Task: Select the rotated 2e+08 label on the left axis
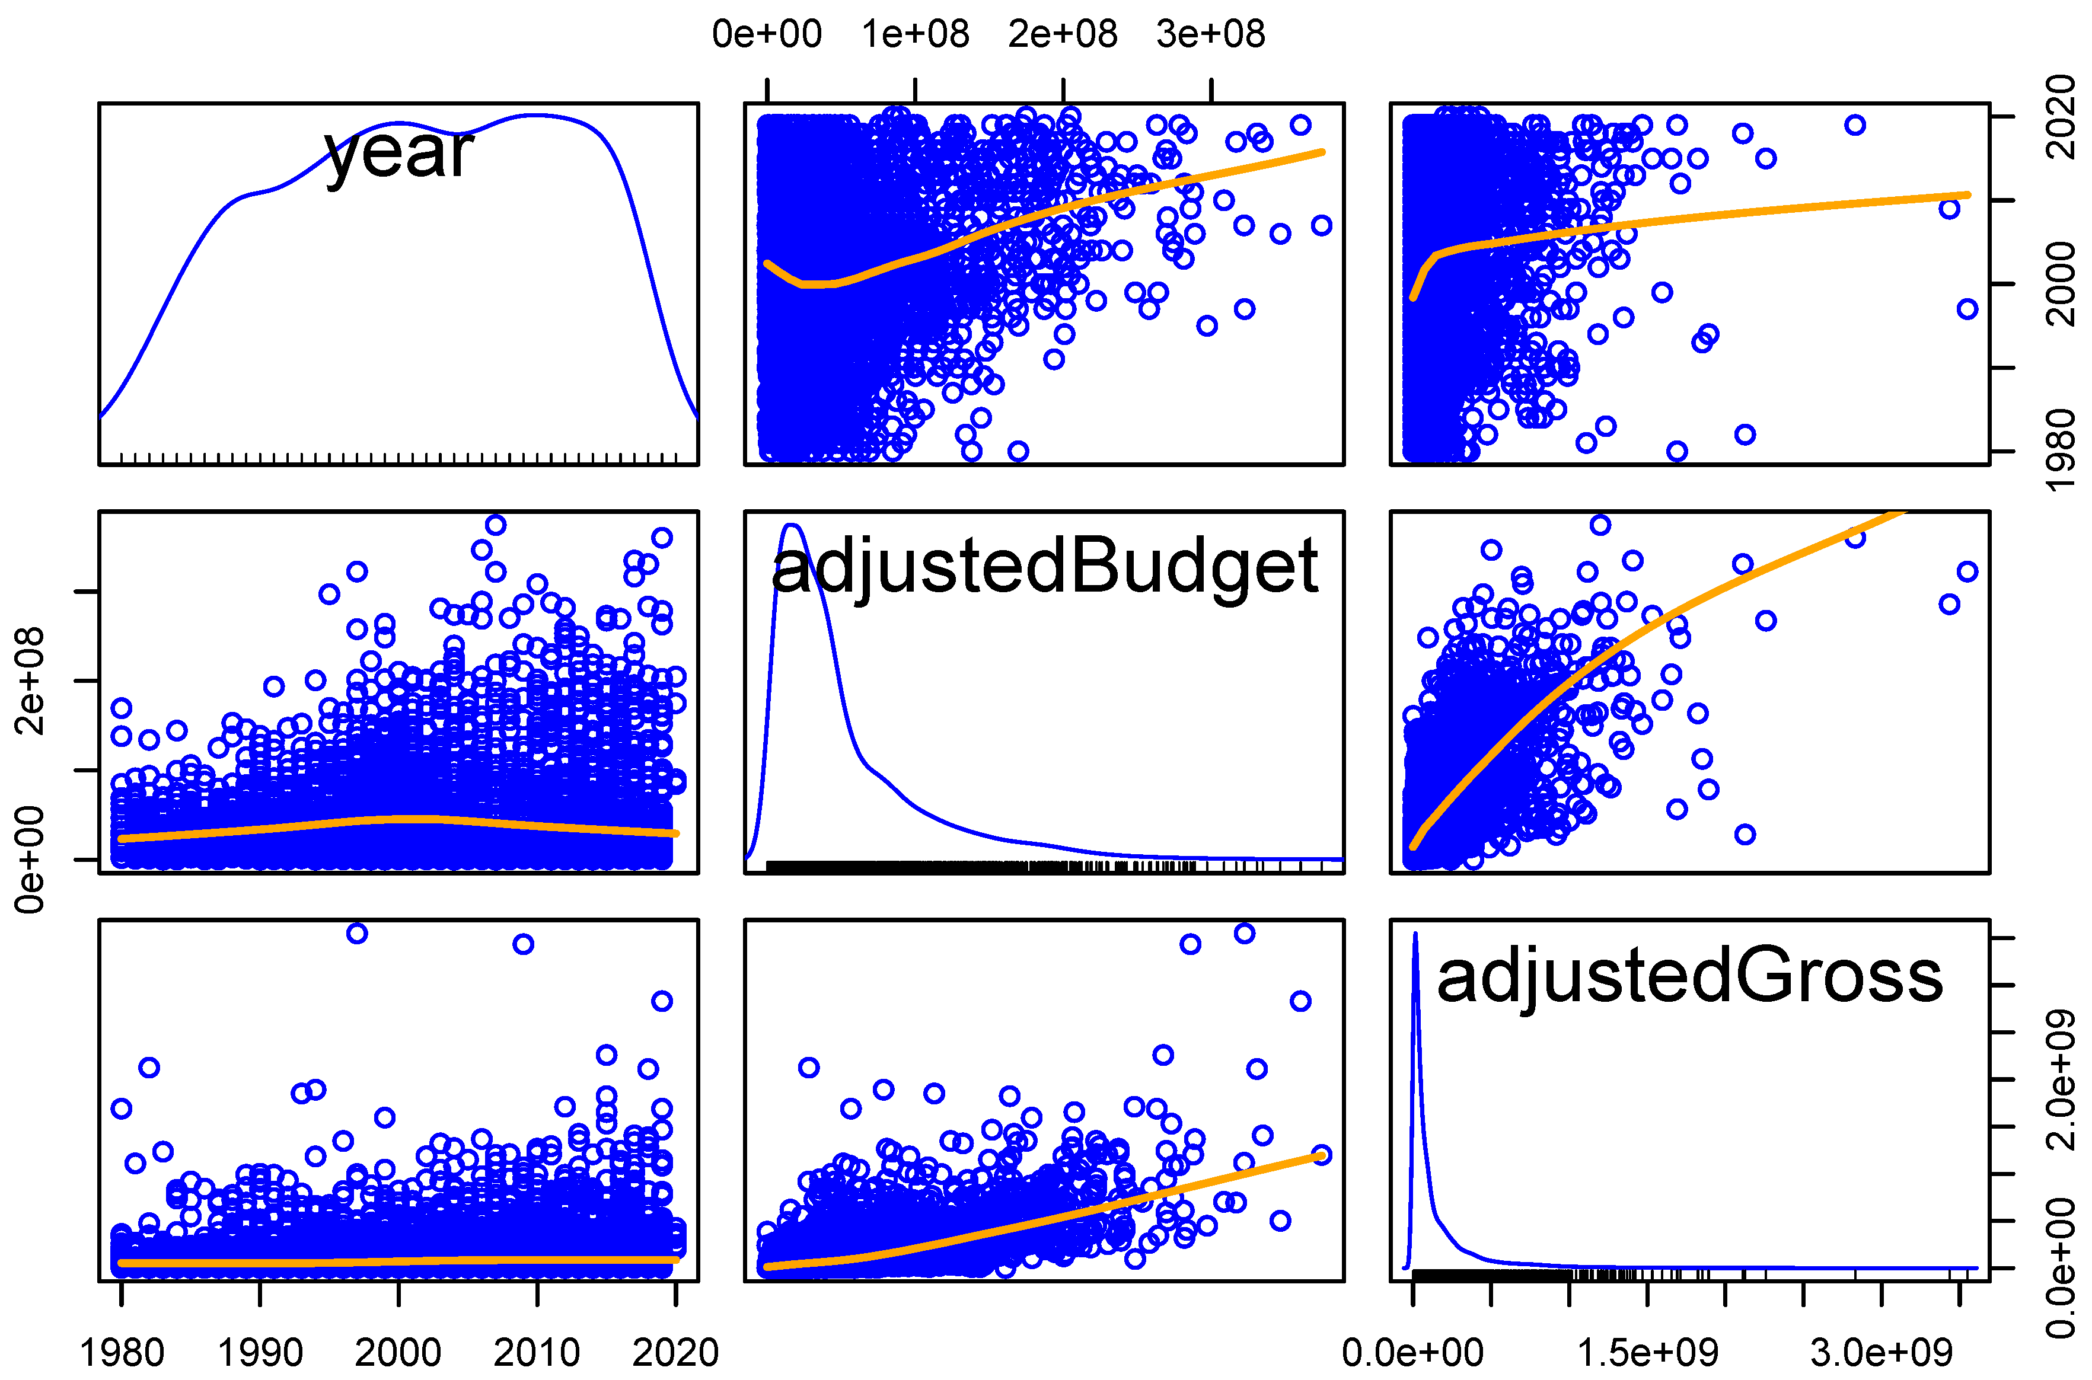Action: pos(29,681)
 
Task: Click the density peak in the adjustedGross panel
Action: pos(1415,935)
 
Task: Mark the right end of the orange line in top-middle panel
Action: pos(1322,152)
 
